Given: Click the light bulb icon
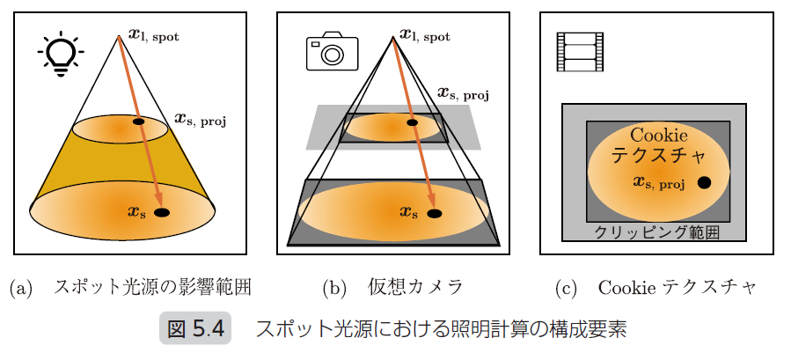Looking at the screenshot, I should pyautogui.click(x=60, y=55).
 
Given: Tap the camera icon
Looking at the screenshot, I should pyautogui.click(x=331, y=52).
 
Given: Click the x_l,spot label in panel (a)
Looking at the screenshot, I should pyautogui.click(x=157, y=35).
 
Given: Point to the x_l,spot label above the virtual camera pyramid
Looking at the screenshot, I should pyautogui.click(x=424, y=35).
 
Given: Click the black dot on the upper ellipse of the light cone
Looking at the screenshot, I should pyautogui.click(x=138, y=121).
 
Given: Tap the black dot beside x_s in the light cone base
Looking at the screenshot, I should pyautogui.click(x=162, y=212).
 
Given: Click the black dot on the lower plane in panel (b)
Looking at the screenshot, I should pyautogui.click(x=434, y=212).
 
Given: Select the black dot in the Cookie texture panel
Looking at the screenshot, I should pyautogui.click(x=705, y=183).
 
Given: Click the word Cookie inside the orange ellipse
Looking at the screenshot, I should pyautogui.click(x=659, y=136).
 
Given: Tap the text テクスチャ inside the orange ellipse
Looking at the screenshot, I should pyautogui.click(x=659, y=157).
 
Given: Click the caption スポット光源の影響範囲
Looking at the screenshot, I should pyautogui.click(x=158, y=287).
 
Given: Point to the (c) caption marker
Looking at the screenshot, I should pyautogui.click(x=568, y=287).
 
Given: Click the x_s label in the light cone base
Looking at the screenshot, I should pyautogui.click(x=138, y=211).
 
